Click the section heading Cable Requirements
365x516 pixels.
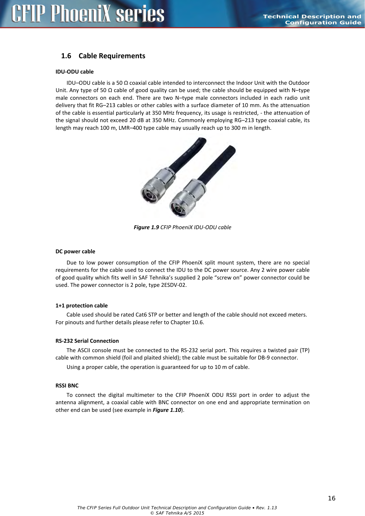[112, 56]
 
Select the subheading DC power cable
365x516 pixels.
[75, 252]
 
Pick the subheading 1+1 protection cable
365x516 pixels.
[81, 305]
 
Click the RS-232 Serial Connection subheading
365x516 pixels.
[87, 341]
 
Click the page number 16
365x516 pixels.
[332, 498]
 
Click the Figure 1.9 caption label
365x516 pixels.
[146, 227]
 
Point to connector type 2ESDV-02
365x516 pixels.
[174, 285]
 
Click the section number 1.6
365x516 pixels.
[66, 56]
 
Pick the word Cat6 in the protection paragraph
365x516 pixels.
[141, 314]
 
